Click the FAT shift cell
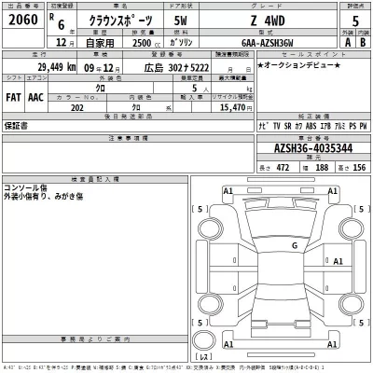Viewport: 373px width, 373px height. [15, 97]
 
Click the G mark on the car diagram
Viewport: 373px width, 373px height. [295, 246]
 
